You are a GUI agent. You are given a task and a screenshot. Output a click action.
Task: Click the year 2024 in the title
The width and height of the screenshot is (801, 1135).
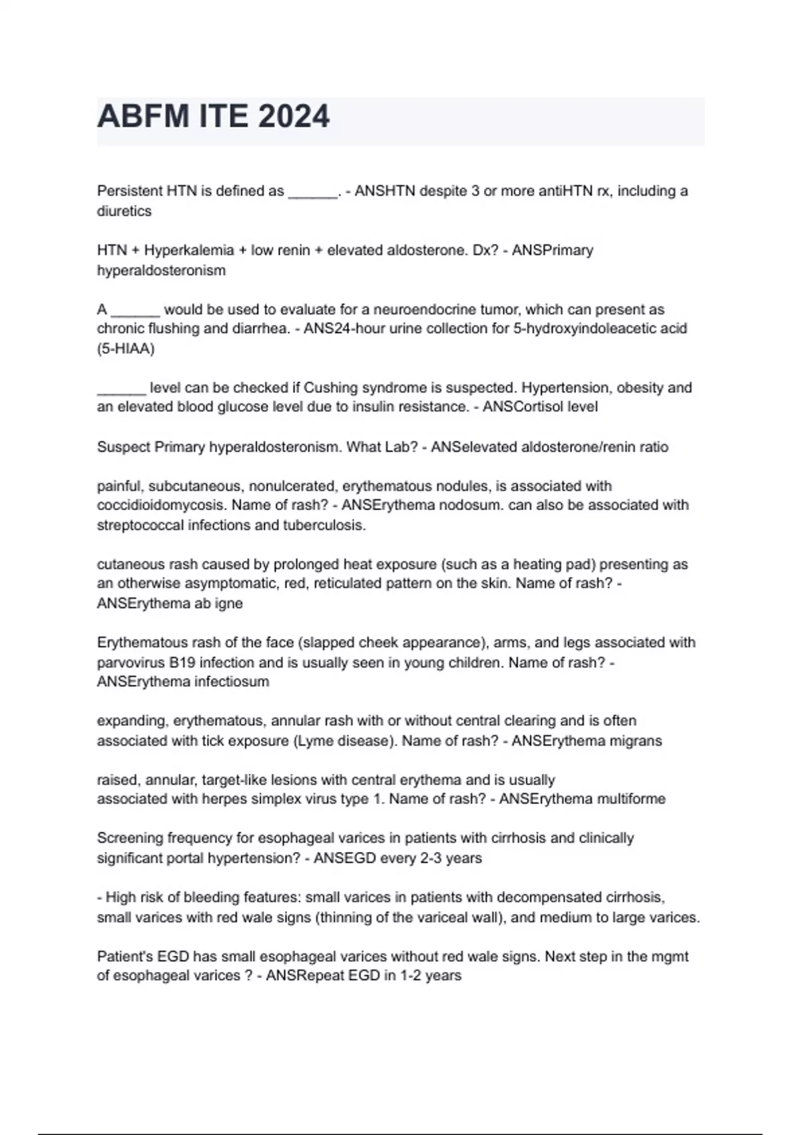[294, 117]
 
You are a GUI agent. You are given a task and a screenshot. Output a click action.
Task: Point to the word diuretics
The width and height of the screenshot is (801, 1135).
[124, 211]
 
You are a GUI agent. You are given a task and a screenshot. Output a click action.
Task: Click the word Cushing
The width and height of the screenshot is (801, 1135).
[326, 387]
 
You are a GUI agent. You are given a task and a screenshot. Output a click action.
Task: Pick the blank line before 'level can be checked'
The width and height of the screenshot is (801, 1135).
[121, 389]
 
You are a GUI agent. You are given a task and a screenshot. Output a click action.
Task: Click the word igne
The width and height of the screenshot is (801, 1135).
[229, 604]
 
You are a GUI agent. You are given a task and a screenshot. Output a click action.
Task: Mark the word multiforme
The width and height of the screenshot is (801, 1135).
[631, 799]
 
